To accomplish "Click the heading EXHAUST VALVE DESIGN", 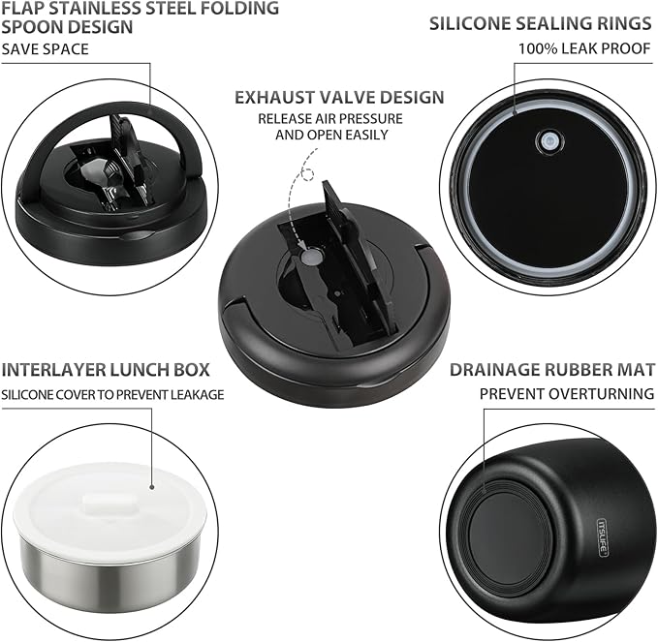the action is (x=339, y=97).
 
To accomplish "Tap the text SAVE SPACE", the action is (x=46, y=49).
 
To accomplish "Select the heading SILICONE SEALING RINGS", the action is (x=541, y=23).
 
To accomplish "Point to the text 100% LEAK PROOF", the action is (x=584, y=49).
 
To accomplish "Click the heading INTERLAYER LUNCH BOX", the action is (x=106, y=370).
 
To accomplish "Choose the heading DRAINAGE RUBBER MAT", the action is (x=552, y=370).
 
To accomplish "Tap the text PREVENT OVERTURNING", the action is (x=567, y=394).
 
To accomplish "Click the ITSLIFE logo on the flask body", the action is (x=603, y=537).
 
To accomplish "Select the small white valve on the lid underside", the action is (x=548, y=140).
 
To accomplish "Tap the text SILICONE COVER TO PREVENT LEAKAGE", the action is (x=112, y=395).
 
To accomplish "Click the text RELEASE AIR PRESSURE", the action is (x=330, y=119).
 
